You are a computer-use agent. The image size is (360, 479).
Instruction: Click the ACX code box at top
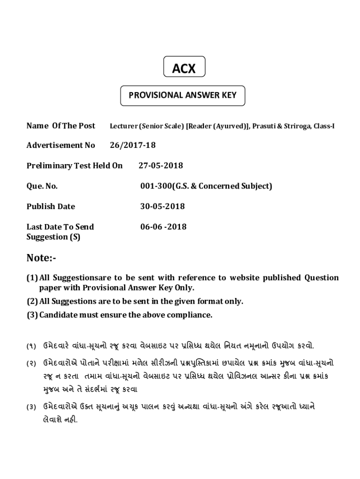coord(184,68)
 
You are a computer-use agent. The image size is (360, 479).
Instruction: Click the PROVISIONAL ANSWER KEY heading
coord(183,95)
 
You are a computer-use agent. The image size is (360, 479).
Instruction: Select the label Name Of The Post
coord(61,125)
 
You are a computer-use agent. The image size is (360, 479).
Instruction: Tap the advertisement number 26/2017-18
coord(133,145)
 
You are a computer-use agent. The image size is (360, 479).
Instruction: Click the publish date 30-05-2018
coord(162,206)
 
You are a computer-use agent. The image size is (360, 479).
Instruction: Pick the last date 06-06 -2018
coord(163,227)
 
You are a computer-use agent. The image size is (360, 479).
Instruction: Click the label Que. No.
coord(42,186)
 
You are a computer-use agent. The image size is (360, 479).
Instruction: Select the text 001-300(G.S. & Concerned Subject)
coord(206,186)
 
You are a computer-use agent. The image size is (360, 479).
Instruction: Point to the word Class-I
coord(324,126)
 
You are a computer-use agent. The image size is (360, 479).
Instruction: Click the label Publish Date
coord(50,206)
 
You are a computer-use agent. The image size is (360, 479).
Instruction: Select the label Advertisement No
coord(61,145)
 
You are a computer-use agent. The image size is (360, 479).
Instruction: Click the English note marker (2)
coord(32,301)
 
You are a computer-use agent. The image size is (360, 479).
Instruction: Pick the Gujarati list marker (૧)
coord(31,347)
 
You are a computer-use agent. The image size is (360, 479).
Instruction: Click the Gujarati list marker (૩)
coord(31,407)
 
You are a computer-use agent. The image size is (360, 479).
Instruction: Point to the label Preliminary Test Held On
coord(74,166)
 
